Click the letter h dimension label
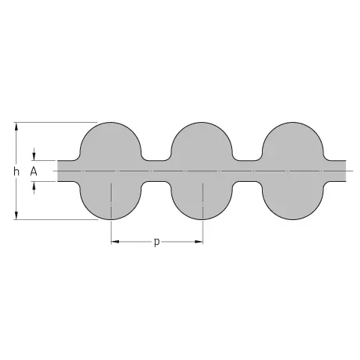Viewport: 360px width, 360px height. [16, 171]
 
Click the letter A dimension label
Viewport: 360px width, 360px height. [34, 171]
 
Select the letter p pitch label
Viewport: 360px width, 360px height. [156, 242]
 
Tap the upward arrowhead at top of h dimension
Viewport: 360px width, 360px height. [16, 127]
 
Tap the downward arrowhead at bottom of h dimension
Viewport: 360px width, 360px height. [16, 215]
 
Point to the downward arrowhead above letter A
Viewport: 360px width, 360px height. [34, 156]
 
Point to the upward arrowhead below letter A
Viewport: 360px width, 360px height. [34, 186]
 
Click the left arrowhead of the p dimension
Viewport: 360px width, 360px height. [115, 242]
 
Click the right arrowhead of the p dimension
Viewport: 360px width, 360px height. [198, 242]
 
